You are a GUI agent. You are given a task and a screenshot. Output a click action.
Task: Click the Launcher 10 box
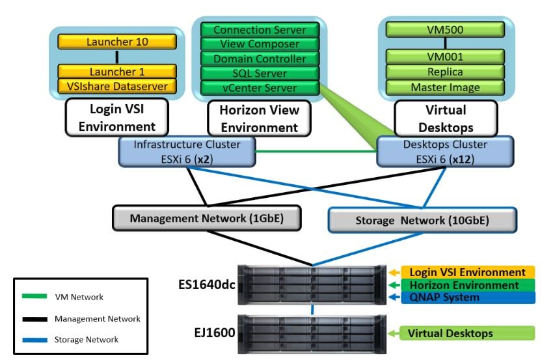tap(117, 42)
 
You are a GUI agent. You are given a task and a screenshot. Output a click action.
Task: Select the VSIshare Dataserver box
tap(117, 86)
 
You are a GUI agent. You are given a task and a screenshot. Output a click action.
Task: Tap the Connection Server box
tap(260, 30)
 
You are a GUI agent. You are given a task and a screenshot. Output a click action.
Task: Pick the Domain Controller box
tap(260, 59)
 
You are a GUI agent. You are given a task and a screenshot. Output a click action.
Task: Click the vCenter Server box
tap(260, 87)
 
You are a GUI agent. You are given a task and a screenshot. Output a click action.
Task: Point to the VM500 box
tap(446, 29)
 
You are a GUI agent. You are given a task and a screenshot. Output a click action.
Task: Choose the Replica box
tap(446, 72)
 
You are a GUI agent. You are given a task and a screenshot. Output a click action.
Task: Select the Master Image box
tap(446, 87)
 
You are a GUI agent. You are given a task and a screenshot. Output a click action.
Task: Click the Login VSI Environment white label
tap(117, 118)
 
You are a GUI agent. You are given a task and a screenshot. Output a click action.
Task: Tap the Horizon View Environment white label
tap(260, 119)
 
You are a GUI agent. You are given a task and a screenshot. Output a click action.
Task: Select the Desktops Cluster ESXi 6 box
tap(445, 151)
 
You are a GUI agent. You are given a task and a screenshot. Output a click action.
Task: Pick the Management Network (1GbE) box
tap(207, 218)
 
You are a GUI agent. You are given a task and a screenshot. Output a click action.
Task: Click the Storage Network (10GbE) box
tap(422, 220)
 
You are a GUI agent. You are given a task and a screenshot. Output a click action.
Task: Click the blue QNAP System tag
tap(466, 298)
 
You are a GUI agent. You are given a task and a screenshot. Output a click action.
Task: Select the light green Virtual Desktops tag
tap(466, 333)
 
